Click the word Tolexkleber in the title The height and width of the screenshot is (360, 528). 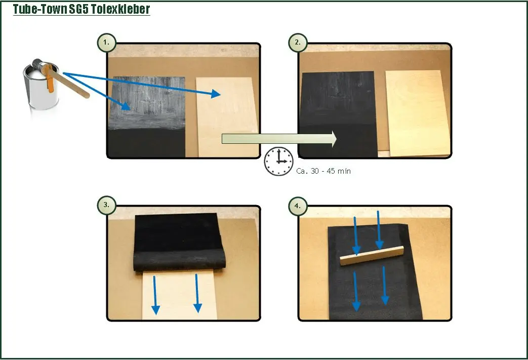tap(120, 9)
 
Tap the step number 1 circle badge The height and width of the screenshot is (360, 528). tap(107, 43)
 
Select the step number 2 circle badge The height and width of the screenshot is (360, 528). tap(298, 43)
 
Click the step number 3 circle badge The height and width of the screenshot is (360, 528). tap(107, 205)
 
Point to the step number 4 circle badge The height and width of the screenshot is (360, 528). tap(298, 205)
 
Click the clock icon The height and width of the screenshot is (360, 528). tap(278, 161)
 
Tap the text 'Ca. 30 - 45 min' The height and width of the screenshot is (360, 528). tap(323, 171)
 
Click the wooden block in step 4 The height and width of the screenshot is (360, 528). tap(372, 256)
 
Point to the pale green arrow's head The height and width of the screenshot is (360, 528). tap(334, 139)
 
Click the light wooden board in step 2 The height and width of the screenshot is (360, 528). tap(418, 113)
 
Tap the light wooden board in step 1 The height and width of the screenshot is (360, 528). tap(227, 117)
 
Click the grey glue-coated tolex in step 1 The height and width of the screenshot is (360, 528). tap(147, 103)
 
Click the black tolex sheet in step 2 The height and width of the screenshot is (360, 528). tap(339, 114)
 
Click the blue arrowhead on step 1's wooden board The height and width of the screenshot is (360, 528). tap(216, 94)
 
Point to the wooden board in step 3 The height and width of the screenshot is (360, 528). tap(180, 295)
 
